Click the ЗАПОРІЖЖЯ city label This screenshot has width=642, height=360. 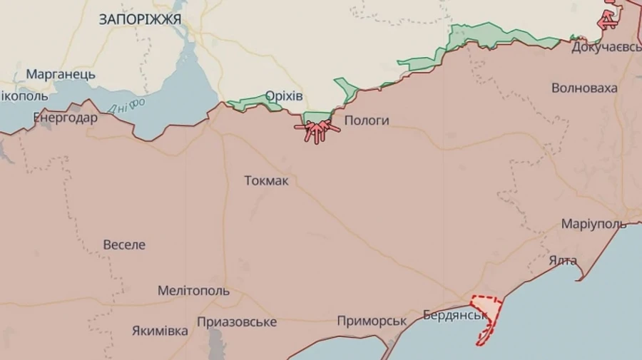coord(140,19)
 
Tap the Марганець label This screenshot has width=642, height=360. coord(61,74)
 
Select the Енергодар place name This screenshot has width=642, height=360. coord(66,118)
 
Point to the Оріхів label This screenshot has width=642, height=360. coord(284,96)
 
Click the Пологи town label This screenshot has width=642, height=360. coord(367,120)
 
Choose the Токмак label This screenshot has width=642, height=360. coord(266,180)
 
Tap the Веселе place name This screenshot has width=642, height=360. coord(124,245)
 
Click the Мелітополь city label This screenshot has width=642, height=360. coord(193,291)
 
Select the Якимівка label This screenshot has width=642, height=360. coord(160,331)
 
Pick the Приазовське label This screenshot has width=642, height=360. coord(237,322)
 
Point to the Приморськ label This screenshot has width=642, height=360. coord(372,322)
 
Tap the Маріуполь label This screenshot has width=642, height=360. coord(593,224)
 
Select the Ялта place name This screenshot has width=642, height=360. coord(563,260)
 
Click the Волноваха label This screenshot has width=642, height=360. coord(584,88)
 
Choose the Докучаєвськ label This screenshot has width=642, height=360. coord(606,47)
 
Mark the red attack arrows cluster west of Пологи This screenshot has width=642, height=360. coord(317,131)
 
